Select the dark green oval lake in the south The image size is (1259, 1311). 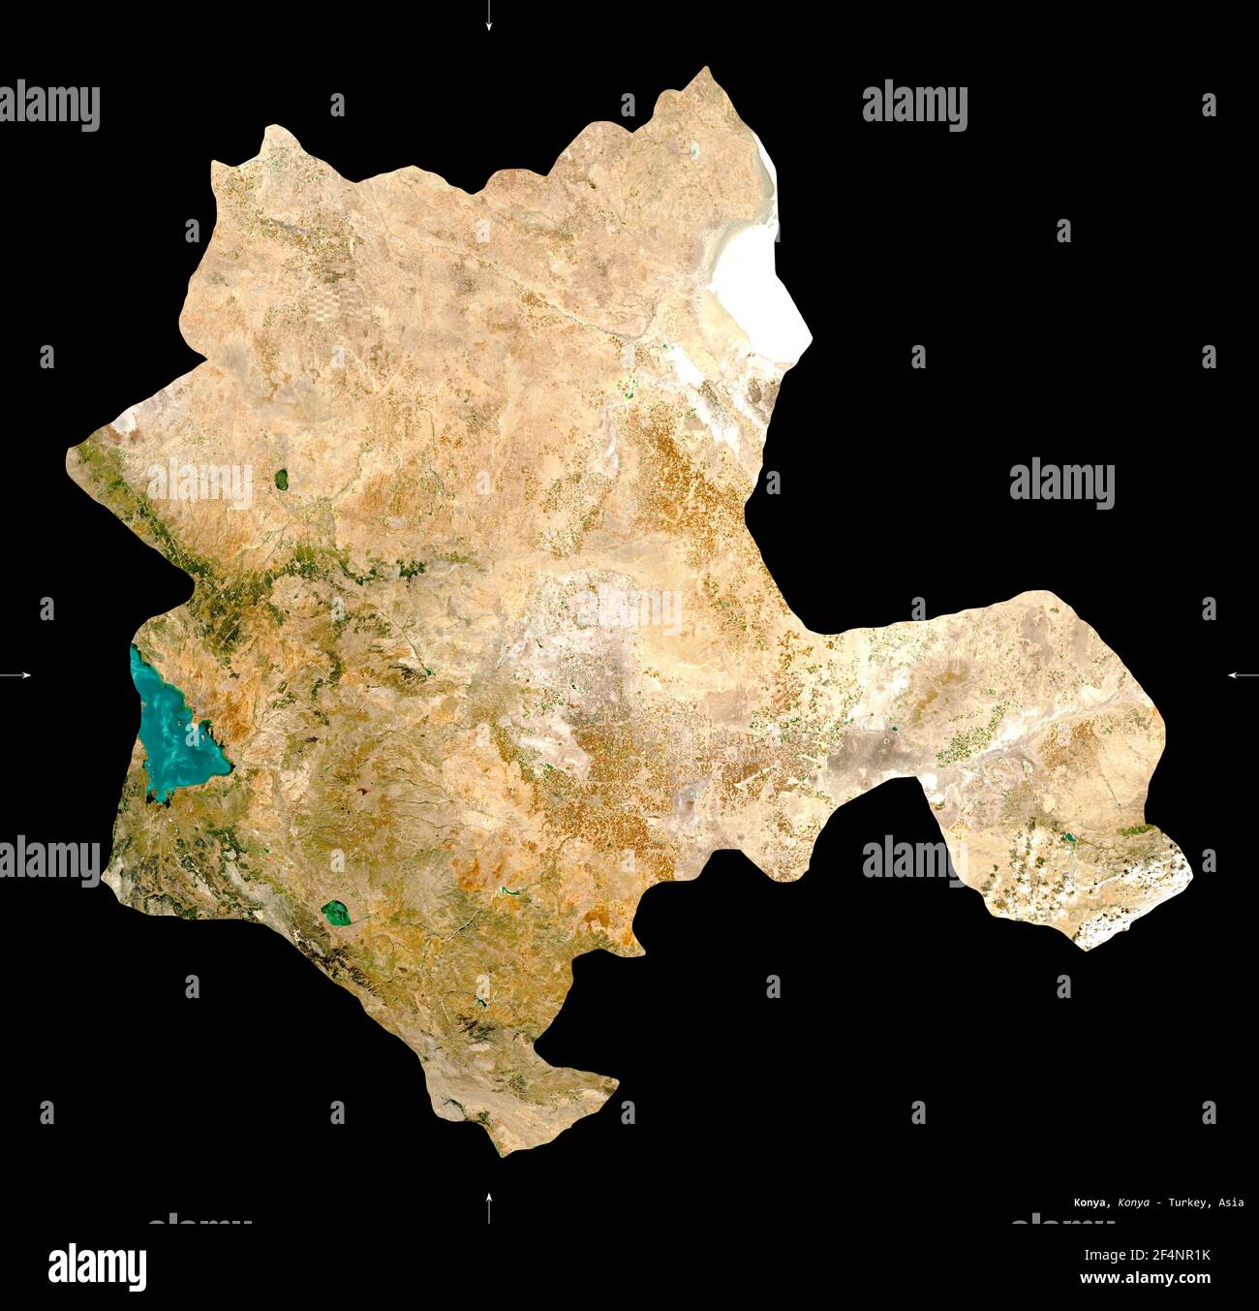click(335, 912)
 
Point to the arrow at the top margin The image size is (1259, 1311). click(489, 16)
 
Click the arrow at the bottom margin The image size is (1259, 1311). click(489, 1207)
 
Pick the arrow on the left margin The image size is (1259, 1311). click(19, 674)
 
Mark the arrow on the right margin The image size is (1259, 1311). click(1241, 674)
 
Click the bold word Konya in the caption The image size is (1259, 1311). click(1091, 1202)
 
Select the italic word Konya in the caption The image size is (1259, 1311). click(1134, 1202)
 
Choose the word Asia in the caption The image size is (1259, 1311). click(1232, 1202)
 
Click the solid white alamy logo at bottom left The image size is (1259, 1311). click(98, 1265)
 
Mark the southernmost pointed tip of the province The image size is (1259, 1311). click(500, 1154)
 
